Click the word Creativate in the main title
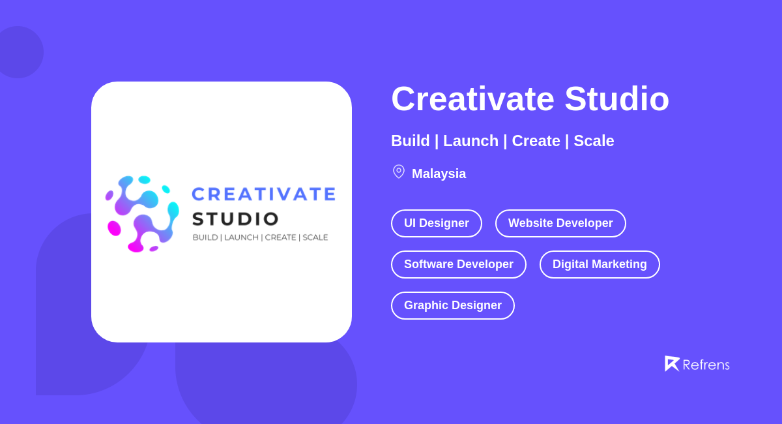point(472,99)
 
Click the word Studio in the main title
point(616,99)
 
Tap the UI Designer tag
point(437,223)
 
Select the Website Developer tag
point(560,223)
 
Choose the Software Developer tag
point(459,264)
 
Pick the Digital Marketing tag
point(600,264)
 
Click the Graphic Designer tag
point(453,305)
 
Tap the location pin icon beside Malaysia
point(399,172)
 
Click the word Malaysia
point(439,174)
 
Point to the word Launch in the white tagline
point(471,141)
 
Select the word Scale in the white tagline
point(594,141)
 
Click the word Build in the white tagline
point(411,141)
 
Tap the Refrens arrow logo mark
point(672,363)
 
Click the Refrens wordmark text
point(706,365)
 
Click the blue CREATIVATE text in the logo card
point(263,194)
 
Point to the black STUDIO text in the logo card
point(235,219)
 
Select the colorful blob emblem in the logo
point(142,213)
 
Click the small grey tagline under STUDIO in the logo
point(260,237)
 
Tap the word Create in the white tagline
point(536,141)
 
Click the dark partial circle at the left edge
point(20,52)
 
